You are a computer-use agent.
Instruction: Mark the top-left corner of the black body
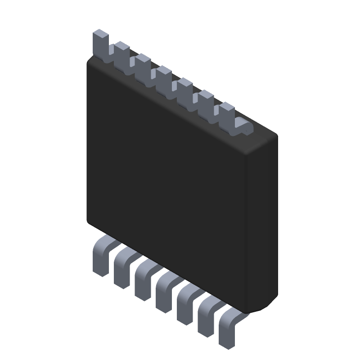[x=89, y=62]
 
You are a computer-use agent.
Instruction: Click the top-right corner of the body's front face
[x=245, y=155]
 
